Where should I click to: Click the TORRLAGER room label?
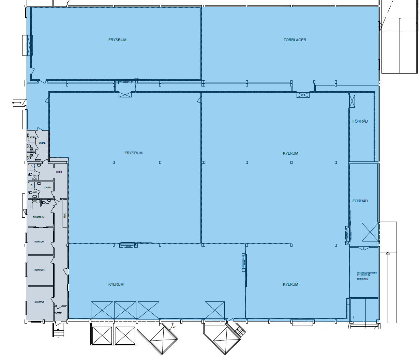(295, 40)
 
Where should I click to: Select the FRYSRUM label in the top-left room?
(117, 40)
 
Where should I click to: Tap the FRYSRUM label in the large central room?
(133, 153)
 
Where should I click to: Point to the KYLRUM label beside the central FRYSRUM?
(290, 153)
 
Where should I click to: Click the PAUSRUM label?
(39, 217)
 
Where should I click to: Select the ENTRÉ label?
(58, 313)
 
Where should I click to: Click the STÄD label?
(32, 138)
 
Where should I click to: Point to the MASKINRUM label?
(363, 279)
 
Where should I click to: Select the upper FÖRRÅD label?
(360, 121)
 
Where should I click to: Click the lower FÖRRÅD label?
(360, 201)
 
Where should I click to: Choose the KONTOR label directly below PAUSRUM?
(40, 242)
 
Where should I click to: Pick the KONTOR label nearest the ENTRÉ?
(40, 302)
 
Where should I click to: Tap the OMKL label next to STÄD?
(42, 143)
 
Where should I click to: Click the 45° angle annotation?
(174, 327)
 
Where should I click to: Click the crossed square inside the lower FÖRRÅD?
(370, 232)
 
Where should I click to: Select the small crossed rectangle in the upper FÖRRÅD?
(352, 101)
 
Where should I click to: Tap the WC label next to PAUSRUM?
(48, 204)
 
